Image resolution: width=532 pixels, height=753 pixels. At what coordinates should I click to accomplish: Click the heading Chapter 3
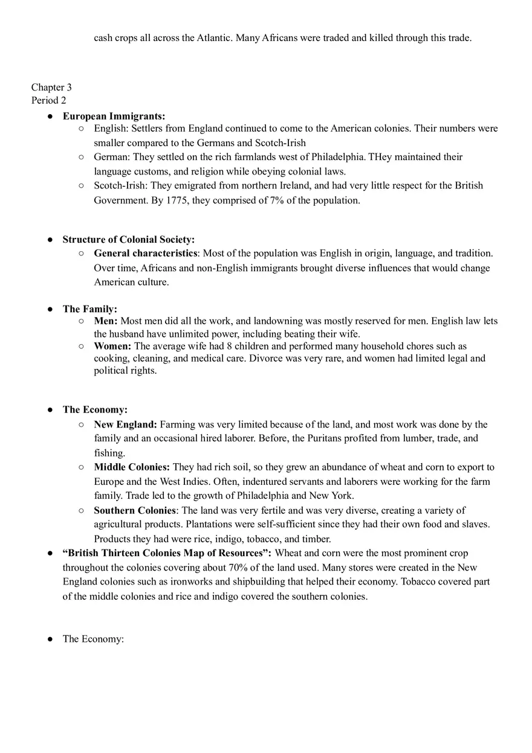(x=51, y=88)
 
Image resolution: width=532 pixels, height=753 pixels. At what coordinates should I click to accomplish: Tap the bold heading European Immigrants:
(x=114, y=116)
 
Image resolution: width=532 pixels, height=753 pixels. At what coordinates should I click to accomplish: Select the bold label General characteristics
(x=145, y=254)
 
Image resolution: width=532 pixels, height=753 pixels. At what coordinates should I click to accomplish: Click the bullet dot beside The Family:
(x=50, y=309)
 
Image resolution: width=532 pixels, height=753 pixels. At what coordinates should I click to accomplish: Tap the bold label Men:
(x=106, y=321)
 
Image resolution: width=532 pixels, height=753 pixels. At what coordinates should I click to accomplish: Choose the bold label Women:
(x=112, y=347)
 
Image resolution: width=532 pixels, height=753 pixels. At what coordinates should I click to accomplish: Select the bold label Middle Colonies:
(x=132, y=467)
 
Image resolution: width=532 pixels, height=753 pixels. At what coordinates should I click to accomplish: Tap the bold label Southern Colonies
(x=134, y=511)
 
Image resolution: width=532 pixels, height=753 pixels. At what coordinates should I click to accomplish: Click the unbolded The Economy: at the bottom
(x=93, y=639)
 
